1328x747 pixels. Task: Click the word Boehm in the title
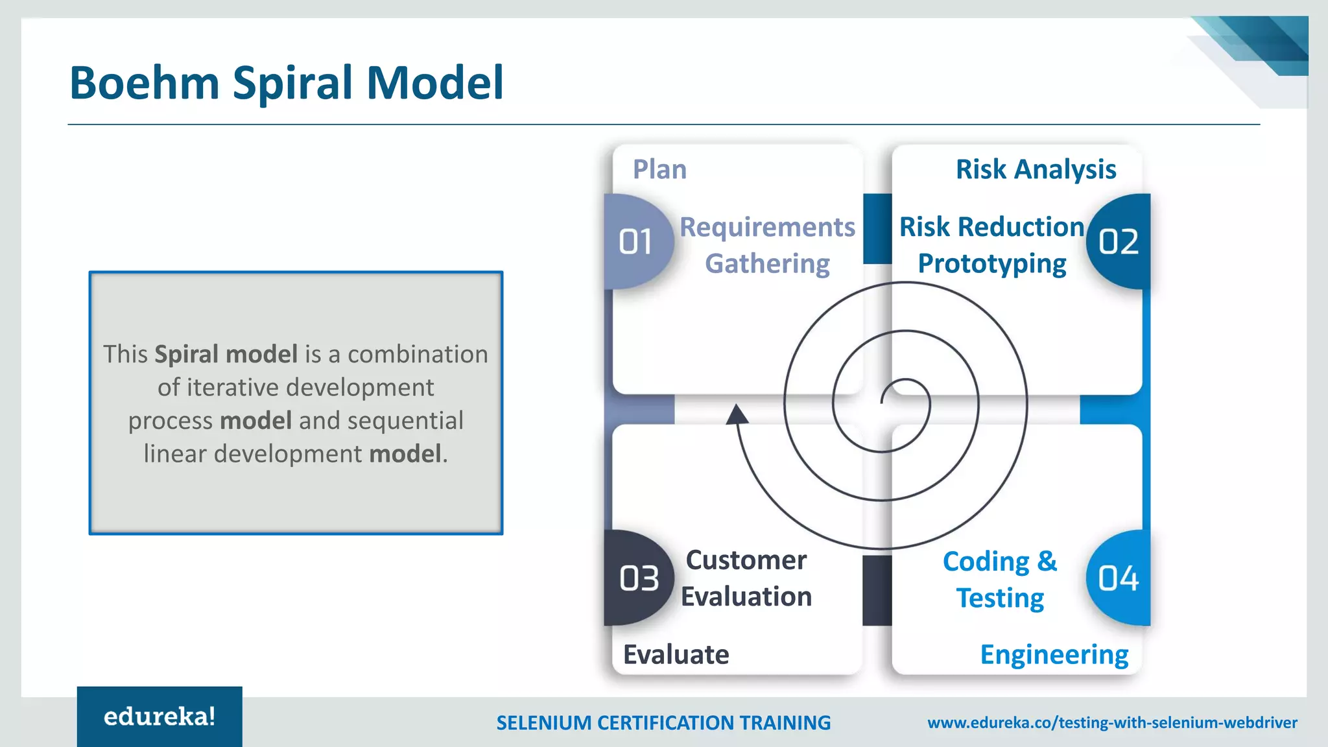point(144,83)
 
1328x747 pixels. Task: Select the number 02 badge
point(1119,242)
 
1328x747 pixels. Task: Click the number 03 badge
point(638,578)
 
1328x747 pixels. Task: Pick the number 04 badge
point(1119,578)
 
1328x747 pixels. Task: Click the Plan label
point(659,169)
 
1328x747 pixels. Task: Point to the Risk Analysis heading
point(1036,169)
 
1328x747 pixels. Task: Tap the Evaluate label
point(676,654)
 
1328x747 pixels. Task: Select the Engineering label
point(1054,654)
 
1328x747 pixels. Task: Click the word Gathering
point(767,264)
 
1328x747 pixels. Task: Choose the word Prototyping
point(991,264)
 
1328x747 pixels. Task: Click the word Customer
point(746,560)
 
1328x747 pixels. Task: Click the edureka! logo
point(160,717)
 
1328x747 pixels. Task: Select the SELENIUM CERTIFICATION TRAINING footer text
point(663,723)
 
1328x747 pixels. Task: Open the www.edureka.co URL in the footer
point(1112,722)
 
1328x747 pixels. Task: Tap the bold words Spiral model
point(226,354)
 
